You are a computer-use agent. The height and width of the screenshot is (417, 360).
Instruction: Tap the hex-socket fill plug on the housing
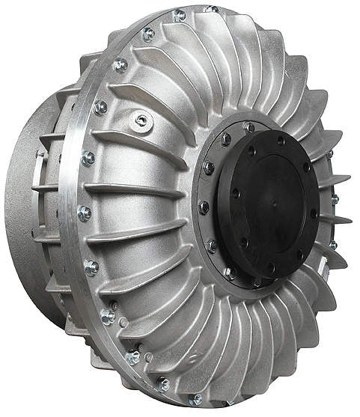click(x=141, y=120)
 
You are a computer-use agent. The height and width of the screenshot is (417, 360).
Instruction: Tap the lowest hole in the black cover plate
click(x=270, y=265)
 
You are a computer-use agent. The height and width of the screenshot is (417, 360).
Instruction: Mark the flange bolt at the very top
click(x=179, y=15)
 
